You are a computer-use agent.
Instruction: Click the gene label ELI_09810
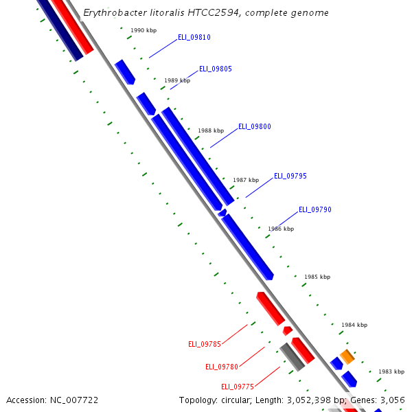pyautogui.click(x=194, y=37)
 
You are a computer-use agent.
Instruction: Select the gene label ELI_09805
pyautogui.click(x=216, y=69)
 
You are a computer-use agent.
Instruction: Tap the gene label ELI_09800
pyautogui.click(x=255, y=126)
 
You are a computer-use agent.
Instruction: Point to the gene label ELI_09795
pyautogui.click(x=290, y=176)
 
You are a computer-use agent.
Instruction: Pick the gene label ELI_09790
pyautogui.click(x=315, y=209)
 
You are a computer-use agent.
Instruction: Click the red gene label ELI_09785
pyautogui.click(x=205, y=344)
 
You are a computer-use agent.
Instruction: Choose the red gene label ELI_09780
pyautogui.click(x=222, y=367)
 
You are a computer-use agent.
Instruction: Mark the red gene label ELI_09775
pyautogui.click(x=238, y=387)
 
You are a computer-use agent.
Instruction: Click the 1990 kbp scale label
pyautogui.click(x=144, y=31)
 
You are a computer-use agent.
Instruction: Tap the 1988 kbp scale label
pyautogui.click(x=211, y=130)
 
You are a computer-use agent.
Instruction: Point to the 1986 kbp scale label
pyautogui.click(x=281, y=229)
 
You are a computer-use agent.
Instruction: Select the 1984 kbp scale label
pyautogui.click(x=354, y=325)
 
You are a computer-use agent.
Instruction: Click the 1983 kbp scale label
pyautogui.click(x=391, y=371)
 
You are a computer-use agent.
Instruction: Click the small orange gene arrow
pyautogui.click(x=347, y=356)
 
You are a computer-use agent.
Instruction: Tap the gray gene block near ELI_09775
pyautogui.click(x=292, y=357)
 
